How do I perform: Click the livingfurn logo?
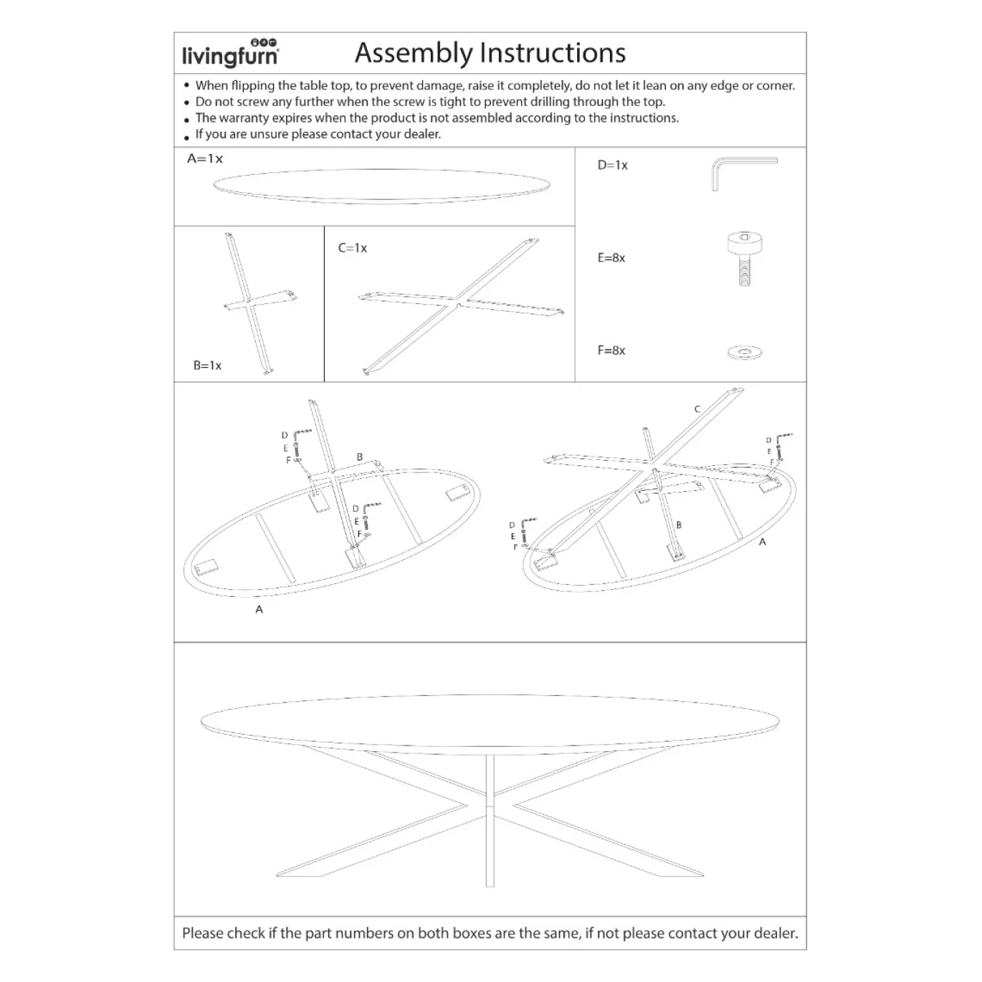[230, 53]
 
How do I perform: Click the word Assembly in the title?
[414, 54]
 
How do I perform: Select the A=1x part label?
[205, 158]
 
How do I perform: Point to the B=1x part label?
[207, 366]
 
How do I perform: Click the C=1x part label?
[352, 248]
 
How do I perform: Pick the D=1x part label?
[613, 165]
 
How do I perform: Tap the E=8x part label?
[611, 258]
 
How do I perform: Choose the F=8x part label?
[611, 351]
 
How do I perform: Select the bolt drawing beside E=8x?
[745, 259]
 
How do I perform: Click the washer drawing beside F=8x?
[745, 352]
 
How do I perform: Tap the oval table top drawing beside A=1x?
[382, 186]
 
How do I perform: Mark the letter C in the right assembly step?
[697, 409]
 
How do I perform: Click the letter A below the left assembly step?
[259, 609]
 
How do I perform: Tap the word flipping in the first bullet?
[253, 85]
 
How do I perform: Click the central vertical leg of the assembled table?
[490, 821]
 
